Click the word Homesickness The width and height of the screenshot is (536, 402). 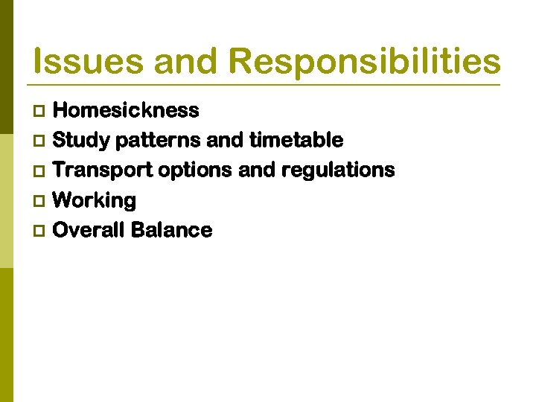tap(127, 110)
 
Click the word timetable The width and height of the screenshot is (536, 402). tap(296, 140)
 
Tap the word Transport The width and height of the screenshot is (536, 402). tap(103, 170)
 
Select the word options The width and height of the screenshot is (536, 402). tap(195, 170)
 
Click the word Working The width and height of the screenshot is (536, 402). tap(95, 201)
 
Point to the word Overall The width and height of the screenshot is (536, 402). tap(89, 230)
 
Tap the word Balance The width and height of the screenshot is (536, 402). tap(171, 230)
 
